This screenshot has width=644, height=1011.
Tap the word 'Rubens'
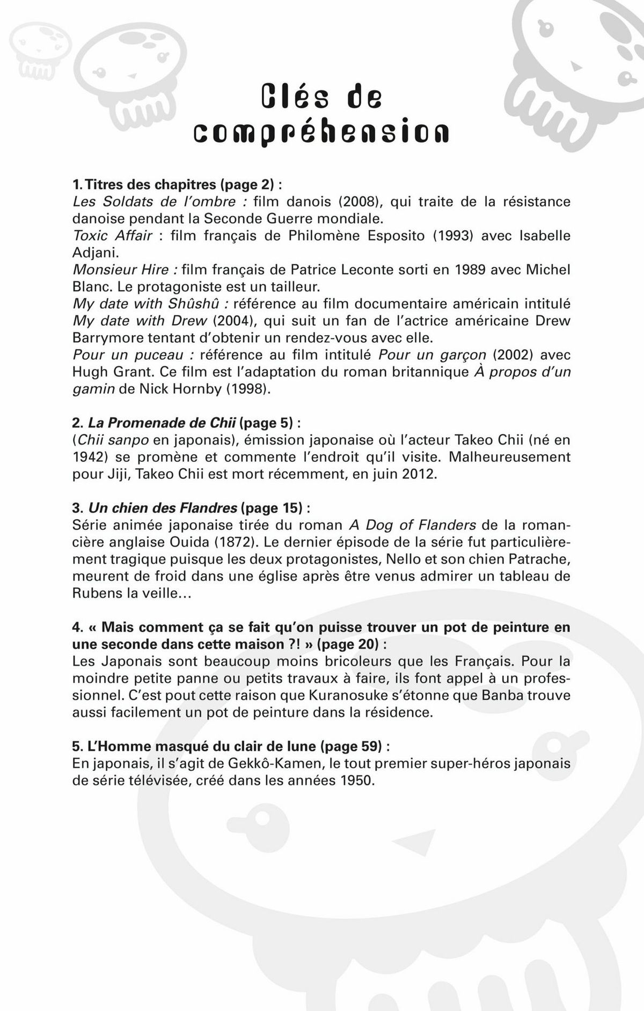(96, 593)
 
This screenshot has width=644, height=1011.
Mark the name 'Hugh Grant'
(113, 372)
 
